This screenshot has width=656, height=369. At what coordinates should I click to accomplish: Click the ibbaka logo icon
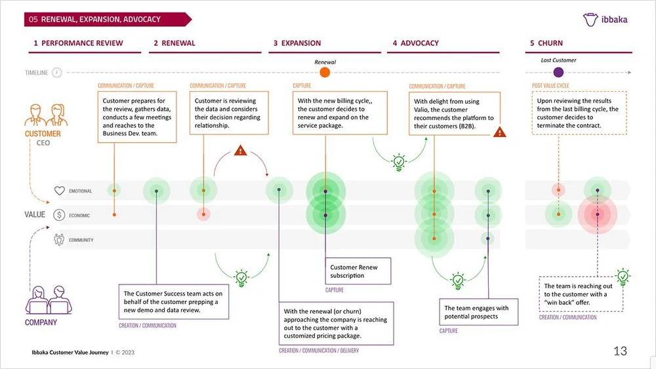click(590, 20)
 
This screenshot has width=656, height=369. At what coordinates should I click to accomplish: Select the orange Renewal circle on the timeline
click(325, 73)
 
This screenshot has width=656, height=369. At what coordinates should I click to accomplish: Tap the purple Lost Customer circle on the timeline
click(558, 73)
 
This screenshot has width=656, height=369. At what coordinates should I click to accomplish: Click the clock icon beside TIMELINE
click(57, 73)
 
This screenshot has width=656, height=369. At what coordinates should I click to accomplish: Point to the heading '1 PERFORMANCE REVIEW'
click(78, 43)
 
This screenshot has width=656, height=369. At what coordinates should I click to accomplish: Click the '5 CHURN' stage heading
click(546, 43)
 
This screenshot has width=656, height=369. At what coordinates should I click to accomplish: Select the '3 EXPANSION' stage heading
click(297, 43)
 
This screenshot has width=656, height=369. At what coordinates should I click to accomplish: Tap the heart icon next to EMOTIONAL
click(60, 191)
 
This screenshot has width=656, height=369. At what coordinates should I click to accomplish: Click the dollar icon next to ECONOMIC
click(60, 215)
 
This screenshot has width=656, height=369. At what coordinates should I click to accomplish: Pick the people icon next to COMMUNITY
click(60, 240)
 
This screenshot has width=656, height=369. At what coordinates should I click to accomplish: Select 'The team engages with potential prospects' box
click(476, 312)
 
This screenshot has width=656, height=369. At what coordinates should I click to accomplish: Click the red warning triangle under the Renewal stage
click(240, 151)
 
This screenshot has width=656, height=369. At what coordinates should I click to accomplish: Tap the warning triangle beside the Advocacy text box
click(501, 132)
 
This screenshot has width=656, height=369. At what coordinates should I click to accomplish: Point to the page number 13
click(620, 351)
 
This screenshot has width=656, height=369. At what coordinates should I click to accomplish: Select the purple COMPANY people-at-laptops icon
click(41, 301)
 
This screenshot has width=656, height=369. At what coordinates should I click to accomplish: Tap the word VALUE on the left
click(35, 215)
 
